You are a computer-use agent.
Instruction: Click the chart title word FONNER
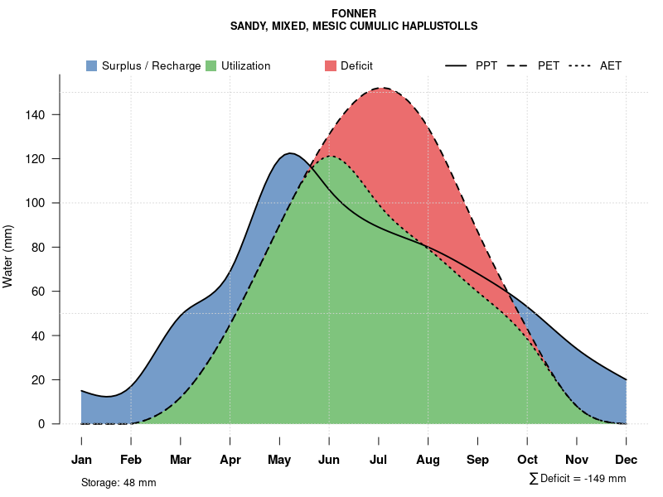(354, 13)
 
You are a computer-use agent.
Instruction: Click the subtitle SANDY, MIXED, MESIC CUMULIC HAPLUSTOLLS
(354, 26)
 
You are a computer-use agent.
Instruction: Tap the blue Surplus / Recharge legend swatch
(92, 65)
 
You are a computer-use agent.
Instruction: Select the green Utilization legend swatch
(211, 65)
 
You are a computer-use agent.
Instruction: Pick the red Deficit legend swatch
(331, 65)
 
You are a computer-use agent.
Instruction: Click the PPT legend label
(486, 65)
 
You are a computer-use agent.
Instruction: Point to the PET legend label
(549, 65)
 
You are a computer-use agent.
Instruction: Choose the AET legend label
(611, 65)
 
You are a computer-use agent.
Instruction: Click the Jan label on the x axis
(81, 460)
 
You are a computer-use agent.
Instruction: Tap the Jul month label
(379, 460)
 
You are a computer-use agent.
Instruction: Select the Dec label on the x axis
(627, 460)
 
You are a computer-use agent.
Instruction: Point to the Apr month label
(230, 460)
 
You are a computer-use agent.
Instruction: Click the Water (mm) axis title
(8, 256)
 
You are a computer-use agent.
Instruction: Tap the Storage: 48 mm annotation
(119, 482)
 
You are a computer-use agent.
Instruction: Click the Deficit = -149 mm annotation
(578, 479)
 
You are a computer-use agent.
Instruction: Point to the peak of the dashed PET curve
(382, 88)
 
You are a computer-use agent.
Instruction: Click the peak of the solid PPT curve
(289, 153)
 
